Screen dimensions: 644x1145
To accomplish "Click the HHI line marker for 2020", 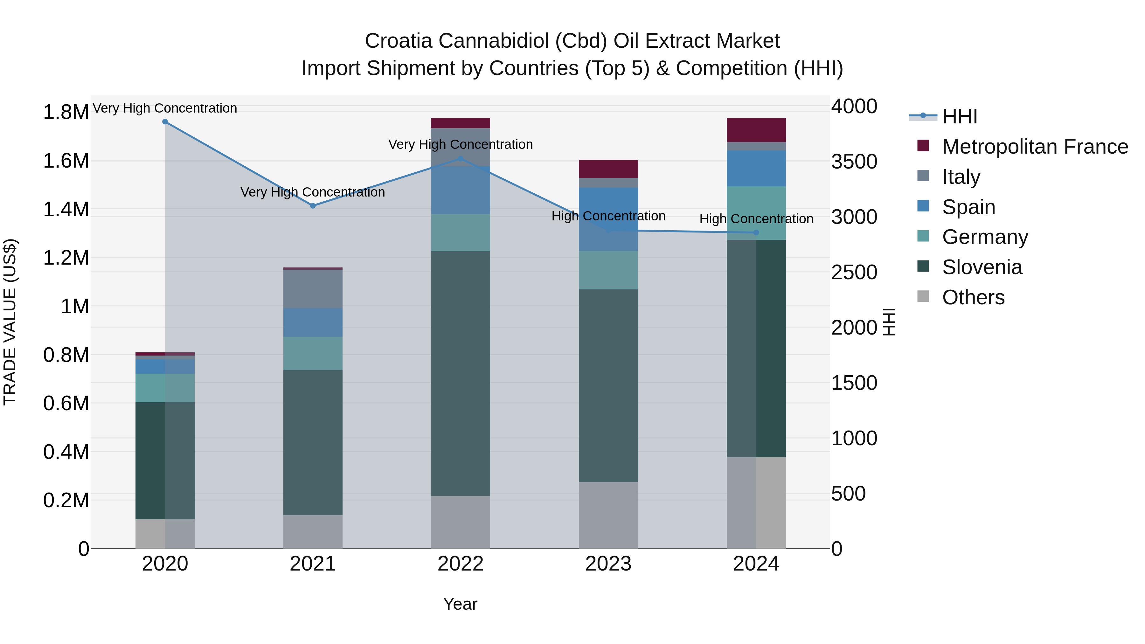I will (165, 122).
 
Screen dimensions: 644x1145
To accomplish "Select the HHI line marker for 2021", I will (313, 206).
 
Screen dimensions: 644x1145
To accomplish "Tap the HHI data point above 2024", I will (756, 232).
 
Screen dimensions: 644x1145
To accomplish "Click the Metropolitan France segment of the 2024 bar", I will (756, 130).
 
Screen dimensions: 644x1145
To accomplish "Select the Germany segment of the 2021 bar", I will (313, 353).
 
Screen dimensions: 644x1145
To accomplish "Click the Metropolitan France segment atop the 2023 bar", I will (608, 169).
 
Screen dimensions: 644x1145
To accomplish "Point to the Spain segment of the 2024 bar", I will (756, 169).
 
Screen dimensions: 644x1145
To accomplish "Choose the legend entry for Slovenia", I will (982, 267).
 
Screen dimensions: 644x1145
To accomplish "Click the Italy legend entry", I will (961, 177).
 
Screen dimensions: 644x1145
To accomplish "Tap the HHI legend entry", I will (959, 116).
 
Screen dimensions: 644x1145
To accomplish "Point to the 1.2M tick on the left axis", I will (66, 258).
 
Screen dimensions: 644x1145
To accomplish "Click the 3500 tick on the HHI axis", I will (854, 162).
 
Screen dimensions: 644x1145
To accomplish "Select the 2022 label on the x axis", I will (461, 564).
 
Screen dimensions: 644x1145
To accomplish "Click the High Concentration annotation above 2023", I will (608, 216).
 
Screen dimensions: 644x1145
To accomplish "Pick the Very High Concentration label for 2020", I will (165, 108).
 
